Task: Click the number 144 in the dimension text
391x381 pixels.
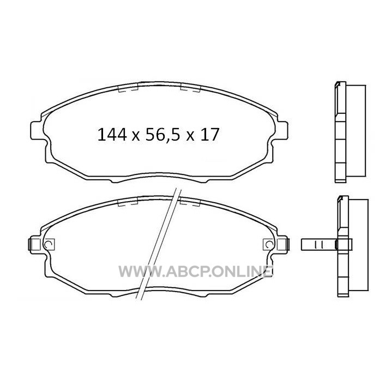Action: click(112, 135)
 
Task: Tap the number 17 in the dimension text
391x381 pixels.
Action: click(210, 135)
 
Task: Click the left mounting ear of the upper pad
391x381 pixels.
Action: click(38, 130)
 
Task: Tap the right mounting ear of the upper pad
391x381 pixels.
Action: click(281, 130)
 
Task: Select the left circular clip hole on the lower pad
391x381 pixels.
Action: click(48, 244)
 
